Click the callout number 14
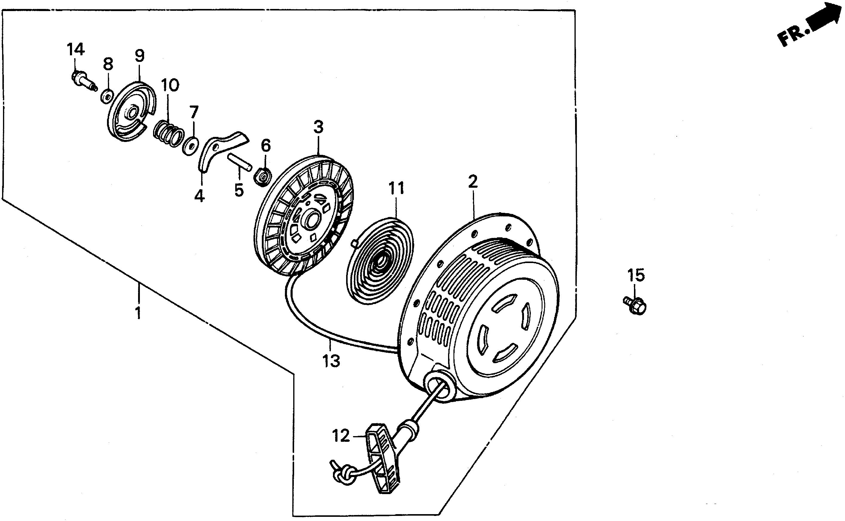tap(75, 50)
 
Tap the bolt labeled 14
tap(83, 81)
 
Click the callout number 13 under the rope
tap(331, 361)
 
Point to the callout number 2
tap(473, 182)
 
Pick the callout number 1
tap(138, 313)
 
